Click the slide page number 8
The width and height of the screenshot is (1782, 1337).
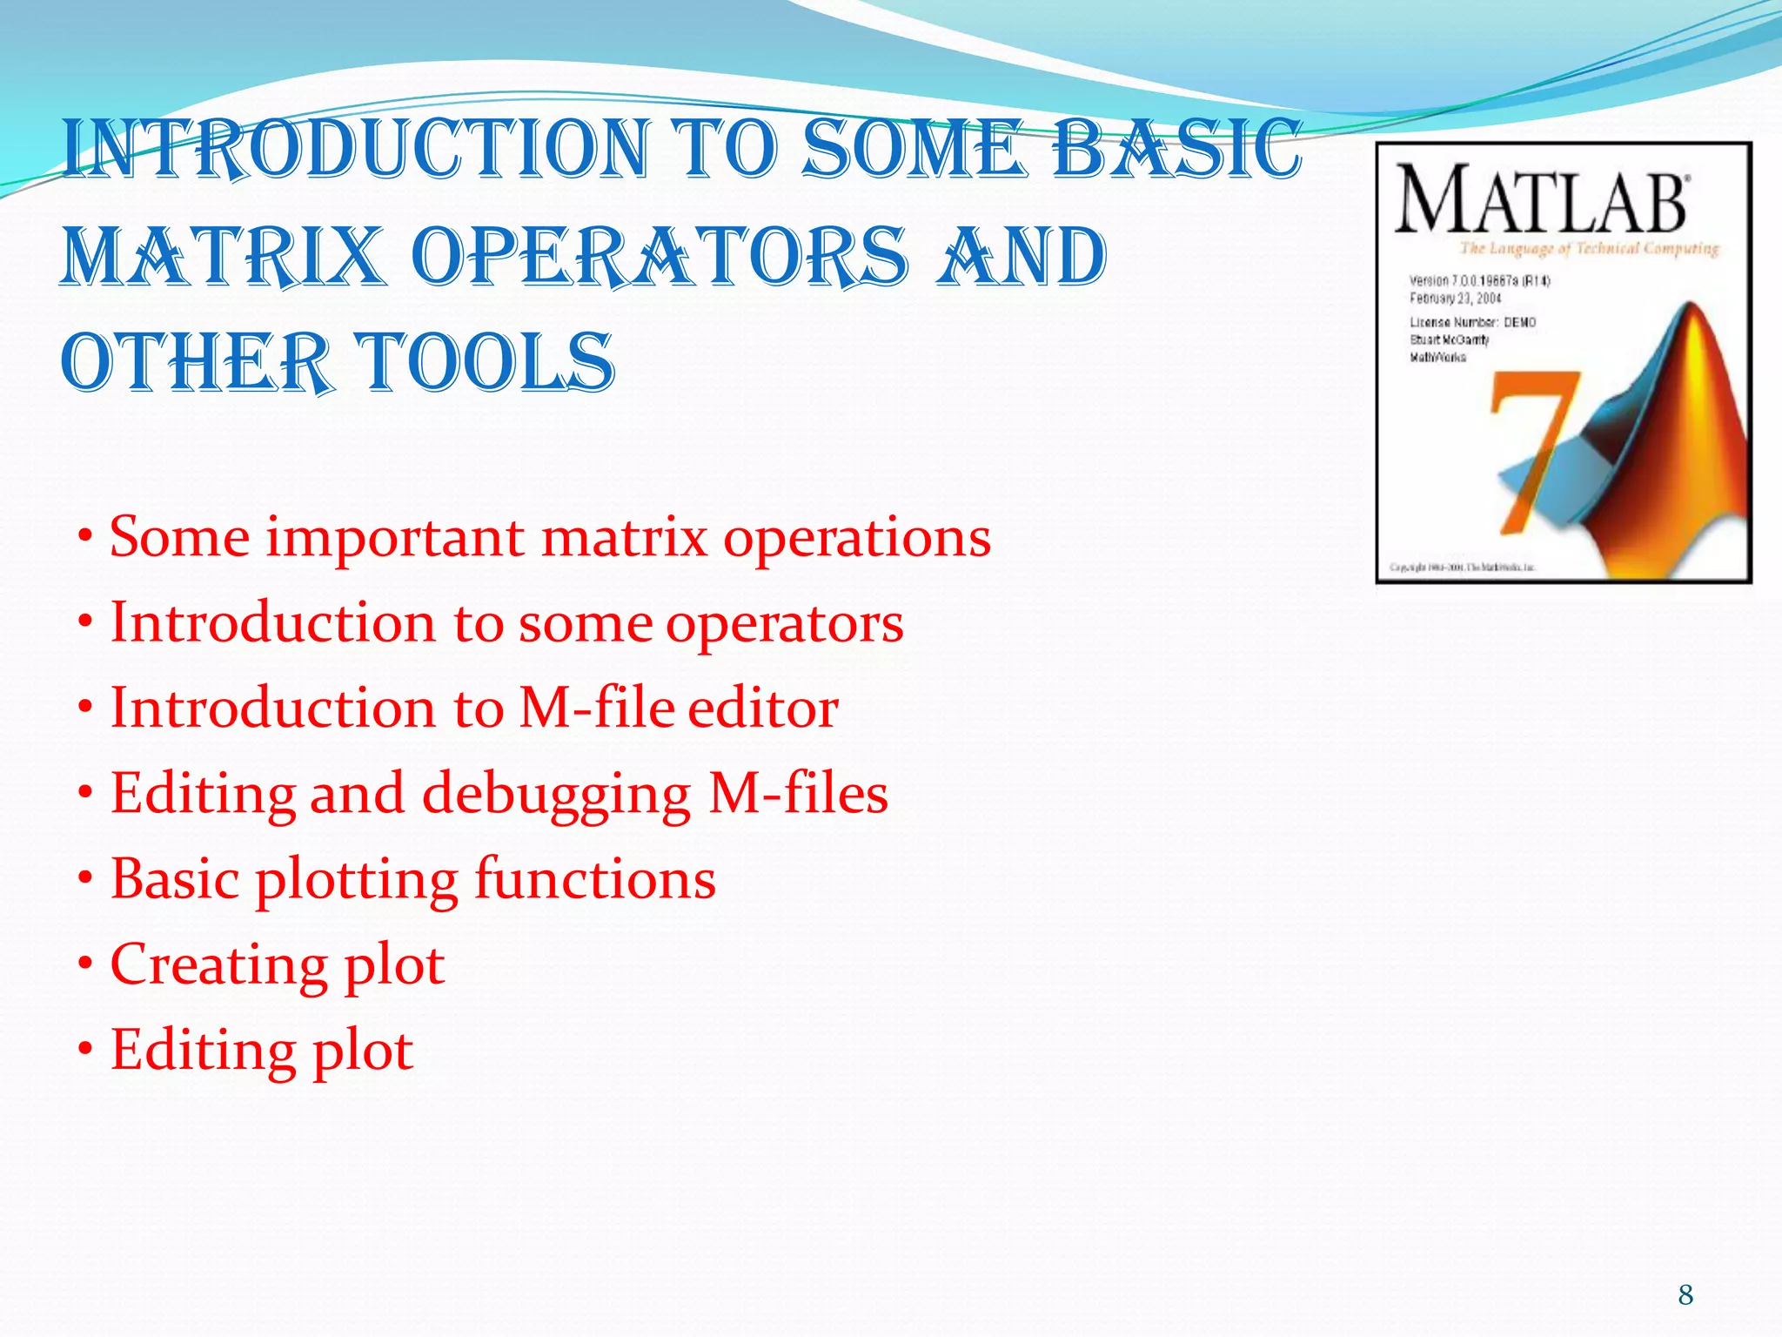pyautogui.click(x=1685, y=1295)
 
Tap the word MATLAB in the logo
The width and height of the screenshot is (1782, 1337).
pyautogui.click(x=1541, y=201)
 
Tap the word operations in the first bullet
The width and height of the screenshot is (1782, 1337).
pyautogui.click(x=857, y=537)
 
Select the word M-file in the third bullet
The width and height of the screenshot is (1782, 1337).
pyautogui.click(x=597, y=708)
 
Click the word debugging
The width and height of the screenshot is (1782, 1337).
pyautogui.click(x=557, y=794)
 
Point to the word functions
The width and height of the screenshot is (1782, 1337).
pyautogui.click(x=595, y=879)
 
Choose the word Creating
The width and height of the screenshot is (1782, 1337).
pyautogui.click(x=218, y=964)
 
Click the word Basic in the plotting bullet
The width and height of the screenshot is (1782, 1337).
pyautogui.click(x=175, y=879)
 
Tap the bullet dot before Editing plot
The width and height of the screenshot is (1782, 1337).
pyautogui.click(x=85, y=1050)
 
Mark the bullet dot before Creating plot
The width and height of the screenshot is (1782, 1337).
pyautogui.click(x=85, y=964)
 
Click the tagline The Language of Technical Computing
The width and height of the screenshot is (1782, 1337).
pyautogui.click(x=1589, y=249)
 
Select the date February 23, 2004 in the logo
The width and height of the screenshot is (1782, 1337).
pyautogui.click(x=1456, y=299)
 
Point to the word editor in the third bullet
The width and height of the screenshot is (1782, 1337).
pyautogui.click(x=763, y=708)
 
